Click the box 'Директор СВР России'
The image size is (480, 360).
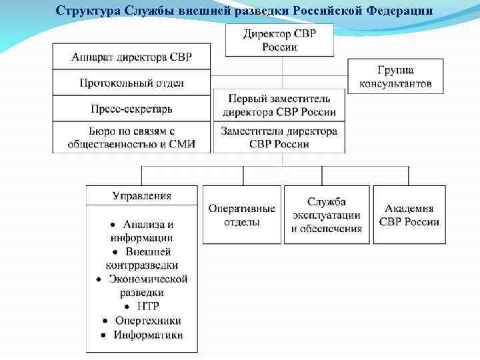pyautogui.click(x=279, y=40)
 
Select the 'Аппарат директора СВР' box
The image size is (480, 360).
pyautogui.click(x=131, y=57)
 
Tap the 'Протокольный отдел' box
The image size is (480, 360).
pyautogui.click(x=131, y=83)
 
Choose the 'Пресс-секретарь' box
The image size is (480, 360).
pyautogui.click(x=131, y=109)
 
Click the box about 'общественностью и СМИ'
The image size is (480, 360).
pyautogui.click(x=131, y=137)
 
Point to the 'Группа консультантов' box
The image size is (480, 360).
pyautogui.click(x=395, y=77)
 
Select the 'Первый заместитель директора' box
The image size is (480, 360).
pyautogui.click(x=279, y=105)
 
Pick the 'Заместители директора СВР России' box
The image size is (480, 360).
pyautogui.click(x=279, y=137)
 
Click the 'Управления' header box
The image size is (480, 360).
pyautogui.click(x=141, y=195)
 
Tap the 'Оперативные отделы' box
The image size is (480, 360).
pyautogui.click(x=241, y=215)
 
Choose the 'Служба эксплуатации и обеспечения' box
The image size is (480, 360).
pyautogui.click(x=327, y=215)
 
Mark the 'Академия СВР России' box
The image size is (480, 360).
pyautogui.click(x=409, y=215)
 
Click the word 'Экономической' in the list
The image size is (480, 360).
pyautogui.click(x=148, y=279)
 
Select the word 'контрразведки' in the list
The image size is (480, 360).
pyautogui.click(x=142, y=265)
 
